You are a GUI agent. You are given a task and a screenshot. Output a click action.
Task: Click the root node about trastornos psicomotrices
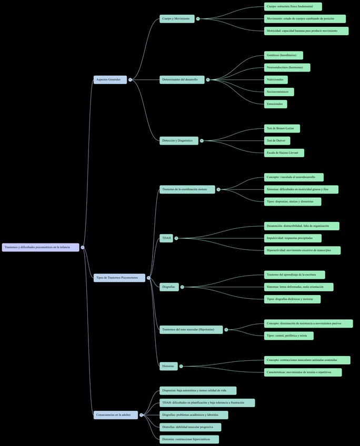pyautogui.click(x=41, y=247)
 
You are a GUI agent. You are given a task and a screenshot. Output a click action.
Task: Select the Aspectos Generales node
pyautogui.click(x=110, y=80)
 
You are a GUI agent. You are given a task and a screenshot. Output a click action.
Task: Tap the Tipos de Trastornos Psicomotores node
pyautogui.click(x=119, y=278)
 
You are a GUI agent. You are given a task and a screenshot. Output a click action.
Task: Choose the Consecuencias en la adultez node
pyautogui.click(x=116, y=415)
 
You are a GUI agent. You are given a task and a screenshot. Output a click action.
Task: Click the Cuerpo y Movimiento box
pyautogui.click(x=177, y=19)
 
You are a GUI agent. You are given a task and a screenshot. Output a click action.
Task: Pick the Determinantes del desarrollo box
pyautogui.click(x=182, y=80)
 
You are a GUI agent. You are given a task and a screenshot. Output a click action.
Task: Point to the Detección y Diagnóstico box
pyautogui.click(x=179, y=140)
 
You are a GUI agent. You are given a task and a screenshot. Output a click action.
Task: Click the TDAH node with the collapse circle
pyautogui.click(x=167, y=238)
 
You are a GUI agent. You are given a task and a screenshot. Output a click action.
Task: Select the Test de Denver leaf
pyautogui.click(x=277, y=140)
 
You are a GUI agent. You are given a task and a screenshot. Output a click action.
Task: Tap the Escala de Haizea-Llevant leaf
pyautogui.click(x=284, y=153)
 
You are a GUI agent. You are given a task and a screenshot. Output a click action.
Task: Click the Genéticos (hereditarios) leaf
pyautogui.click(x=284, y=55)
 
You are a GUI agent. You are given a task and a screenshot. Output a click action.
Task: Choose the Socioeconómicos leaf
pyautogui.click(x=279, y=92)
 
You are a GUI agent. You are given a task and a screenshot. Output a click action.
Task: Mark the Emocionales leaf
pyautogui.click(x=276, y=104)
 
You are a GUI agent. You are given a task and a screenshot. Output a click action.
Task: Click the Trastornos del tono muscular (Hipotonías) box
pyautogui.click(x=191, y=330)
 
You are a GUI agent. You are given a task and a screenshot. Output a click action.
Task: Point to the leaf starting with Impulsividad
pyautogui.click(x=293, y=238)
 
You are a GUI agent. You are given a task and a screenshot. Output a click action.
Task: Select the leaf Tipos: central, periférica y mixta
pyautogui.click(x=289, y=336)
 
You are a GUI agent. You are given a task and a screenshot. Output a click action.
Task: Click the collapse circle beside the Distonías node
pyautogui.click(x=181, y=366)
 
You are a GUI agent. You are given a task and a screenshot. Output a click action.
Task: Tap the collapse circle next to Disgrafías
pyautogui.click(x=182, y=287)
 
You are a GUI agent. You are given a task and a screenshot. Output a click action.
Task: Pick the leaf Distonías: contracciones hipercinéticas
pyautogui.click(x=189, y=439)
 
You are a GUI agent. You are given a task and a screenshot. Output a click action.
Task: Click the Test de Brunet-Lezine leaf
pyautogui.click(x=282, y=128)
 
